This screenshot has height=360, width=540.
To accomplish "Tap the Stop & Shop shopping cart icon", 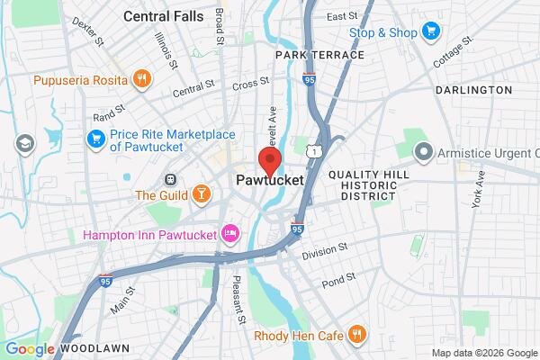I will tap(431, 32).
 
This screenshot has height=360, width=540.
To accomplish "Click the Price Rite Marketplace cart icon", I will tap(96, 139).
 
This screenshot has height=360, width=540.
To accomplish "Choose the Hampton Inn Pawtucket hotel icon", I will tap(230, 234).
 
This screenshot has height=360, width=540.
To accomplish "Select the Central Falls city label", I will tap(163, 15).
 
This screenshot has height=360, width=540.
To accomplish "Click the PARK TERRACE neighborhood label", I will tap(320, 55).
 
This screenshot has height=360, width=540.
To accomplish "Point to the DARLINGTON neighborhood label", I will tap(472, 91).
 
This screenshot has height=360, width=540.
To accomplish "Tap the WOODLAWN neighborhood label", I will tap(94, 347).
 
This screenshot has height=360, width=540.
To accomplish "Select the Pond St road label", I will tap(337, 278).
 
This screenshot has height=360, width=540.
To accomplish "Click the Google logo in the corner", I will tap(29, 349).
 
